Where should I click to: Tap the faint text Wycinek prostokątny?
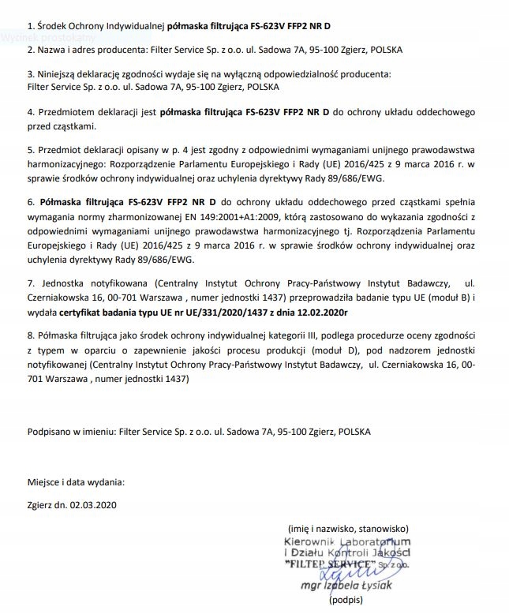[x=47, y=37]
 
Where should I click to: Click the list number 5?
[x=29, y=149]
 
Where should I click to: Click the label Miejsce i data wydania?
[x=75, y=481]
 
